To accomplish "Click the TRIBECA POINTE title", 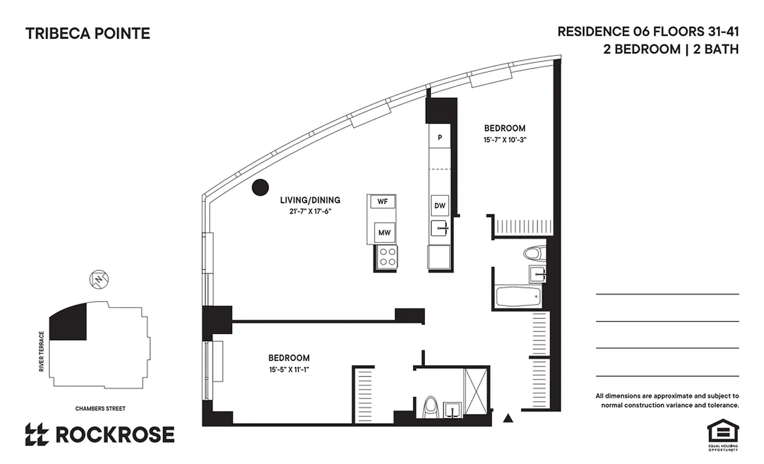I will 88,34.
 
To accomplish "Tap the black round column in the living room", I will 260,186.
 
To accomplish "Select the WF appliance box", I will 382,201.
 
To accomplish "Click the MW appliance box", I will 384,233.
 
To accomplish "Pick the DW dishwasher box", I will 439,205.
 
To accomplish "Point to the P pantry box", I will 439,137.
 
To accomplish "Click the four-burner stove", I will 387,256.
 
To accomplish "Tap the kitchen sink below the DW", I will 440,229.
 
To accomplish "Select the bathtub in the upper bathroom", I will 518,297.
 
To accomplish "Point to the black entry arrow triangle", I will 508,417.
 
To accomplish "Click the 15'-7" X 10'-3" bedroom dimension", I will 504,139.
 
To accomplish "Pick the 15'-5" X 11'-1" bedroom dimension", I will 289,369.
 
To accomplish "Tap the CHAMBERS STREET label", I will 100,408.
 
